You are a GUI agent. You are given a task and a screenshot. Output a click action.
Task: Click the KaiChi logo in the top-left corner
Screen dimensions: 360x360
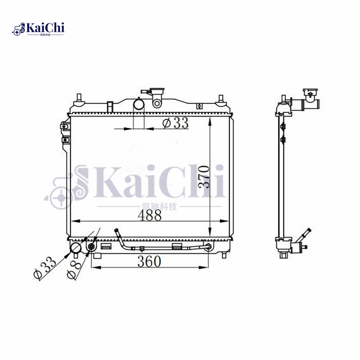(x=38, y=29)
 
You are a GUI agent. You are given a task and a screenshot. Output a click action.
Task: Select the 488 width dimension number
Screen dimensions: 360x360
(x=150, y=216)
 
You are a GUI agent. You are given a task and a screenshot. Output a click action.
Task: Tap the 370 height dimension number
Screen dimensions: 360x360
(x=204, y=177)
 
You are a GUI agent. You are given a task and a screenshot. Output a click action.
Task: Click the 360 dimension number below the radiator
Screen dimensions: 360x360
(x=149, y=261)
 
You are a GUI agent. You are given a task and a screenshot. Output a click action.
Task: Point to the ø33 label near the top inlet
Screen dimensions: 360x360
(x=175, y=123)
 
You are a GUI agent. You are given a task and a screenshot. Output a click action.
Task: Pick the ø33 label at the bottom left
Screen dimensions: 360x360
(x=45, y=268)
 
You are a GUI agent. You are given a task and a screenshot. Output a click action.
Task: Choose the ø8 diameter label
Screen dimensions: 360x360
(x=74, y=270)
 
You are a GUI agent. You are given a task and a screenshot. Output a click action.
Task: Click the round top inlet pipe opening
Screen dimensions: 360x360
(x=139, y=104)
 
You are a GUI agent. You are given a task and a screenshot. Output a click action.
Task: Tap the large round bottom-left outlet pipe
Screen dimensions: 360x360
(x=76, y=248)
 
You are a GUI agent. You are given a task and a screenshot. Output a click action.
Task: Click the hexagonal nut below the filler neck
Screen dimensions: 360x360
(x=157, y=103)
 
